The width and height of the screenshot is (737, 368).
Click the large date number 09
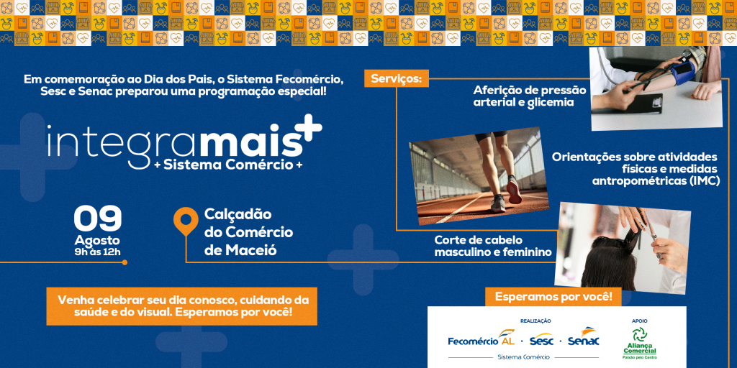[x=98, y=218]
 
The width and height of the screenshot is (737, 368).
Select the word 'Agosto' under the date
[x=97, y=240]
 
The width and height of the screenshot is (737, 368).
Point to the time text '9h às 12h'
[x=97, y=252]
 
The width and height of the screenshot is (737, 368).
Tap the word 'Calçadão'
[x=238, y=215]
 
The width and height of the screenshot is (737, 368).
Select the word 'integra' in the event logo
[x=122, y=141]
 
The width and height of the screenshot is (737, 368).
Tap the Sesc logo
[x=541, y=339]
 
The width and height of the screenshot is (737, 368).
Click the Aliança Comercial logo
[x=639, y=343]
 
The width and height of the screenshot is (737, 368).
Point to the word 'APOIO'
[x=639, y=321]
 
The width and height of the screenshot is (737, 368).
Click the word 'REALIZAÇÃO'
[x=535, y=321]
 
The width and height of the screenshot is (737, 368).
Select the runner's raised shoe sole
[x=514, y=189]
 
